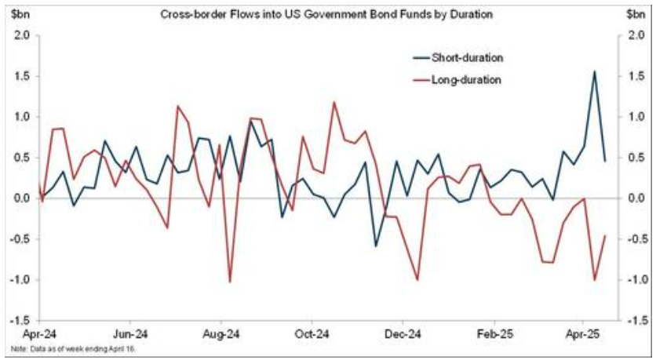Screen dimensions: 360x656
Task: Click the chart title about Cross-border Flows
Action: coord(328,14)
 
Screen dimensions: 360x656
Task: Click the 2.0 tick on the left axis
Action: coord(22,35)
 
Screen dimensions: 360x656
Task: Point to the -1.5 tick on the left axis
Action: coord(20,321)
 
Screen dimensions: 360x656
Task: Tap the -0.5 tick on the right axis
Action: coord(637,239)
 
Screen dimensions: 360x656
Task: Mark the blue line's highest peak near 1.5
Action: coord(594,71)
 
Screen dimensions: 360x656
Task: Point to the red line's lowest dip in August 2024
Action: coord(229,282)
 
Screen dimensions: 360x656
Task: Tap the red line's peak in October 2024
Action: coord(335,102)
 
